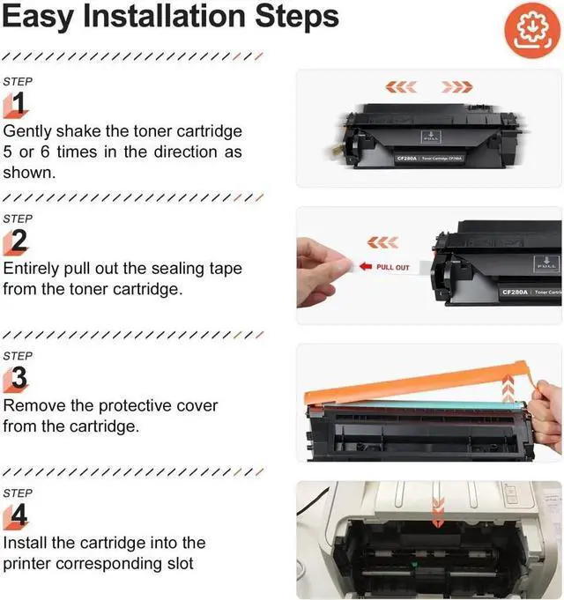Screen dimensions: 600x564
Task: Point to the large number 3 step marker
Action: click(x=17, y=379)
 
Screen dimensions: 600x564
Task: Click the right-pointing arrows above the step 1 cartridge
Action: click(x=457, y=86)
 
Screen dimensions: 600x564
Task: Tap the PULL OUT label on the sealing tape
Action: click(x=391, y=267)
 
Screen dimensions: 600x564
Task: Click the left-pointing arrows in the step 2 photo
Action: click(x=382, y=242)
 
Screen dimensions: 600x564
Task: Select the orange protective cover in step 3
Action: click(x=414, y=387)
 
